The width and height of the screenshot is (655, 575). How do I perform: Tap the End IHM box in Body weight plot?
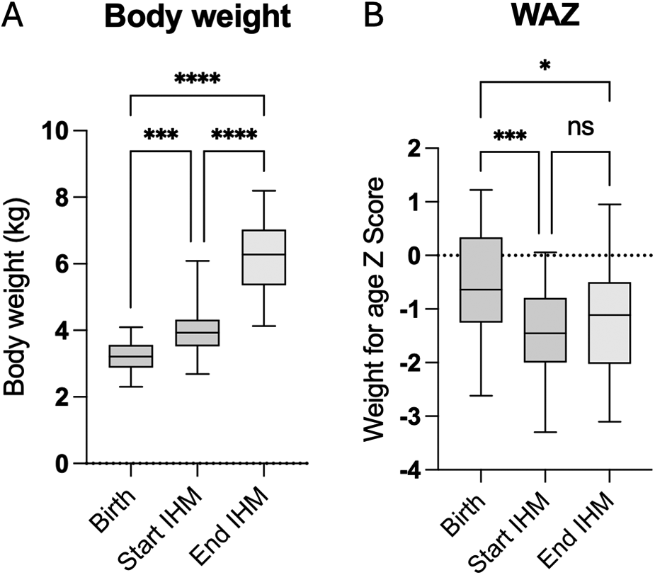point(263,257)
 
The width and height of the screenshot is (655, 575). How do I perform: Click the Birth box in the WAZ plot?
point(480,280)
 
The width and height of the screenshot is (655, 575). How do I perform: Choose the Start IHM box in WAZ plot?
point(545,330)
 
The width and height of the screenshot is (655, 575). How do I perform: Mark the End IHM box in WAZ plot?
point(609,322)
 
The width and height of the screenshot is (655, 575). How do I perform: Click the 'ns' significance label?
point(579,127)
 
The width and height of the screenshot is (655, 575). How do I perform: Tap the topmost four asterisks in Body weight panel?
point(198,79)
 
